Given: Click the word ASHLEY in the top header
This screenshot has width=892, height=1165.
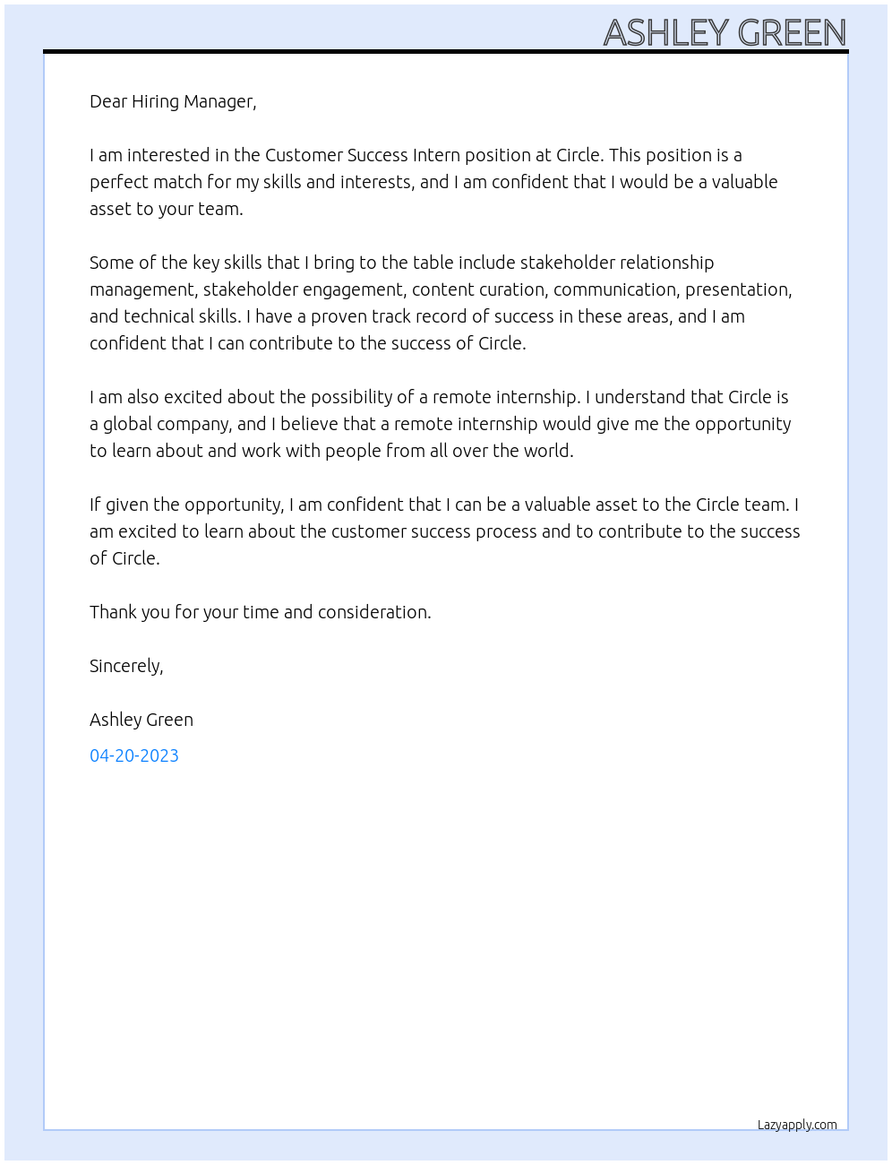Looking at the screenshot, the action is point(666,33).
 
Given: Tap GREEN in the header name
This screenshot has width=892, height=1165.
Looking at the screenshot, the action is point(792,33).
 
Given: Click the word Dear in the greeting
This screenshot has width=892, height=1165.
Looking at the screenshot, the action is point(108,101).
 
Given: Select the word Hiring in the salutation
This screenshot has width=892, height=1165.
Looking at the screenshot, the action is point(156,101).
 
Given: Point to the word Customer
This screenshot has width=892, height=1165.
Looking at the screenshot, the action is point(304,155).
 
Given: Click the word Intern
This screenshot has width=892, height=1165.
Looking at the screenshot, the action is point(436,155).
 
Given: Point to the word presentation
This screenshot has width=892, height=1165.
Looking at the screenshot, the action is point(738,290).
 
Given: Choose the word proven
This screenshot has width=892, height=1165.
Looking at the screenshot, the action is point(339,316).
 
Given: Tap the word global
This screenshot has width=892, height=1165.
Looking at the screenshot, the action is point(128,424).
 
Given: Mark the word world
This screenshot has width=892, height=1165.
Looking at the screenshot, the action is point(548,451).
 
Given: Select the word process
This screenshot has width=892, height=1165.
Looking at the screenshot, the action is point(506,531).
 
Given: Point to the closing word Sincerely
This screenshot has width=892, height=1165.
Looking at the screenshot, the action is point(125,666).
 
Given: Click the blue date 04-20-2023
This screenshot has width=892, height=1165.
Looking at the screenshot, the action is point(134,755).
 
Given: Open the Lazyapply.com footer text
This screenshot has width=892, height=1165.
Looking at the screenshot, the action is point(797,1125).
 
